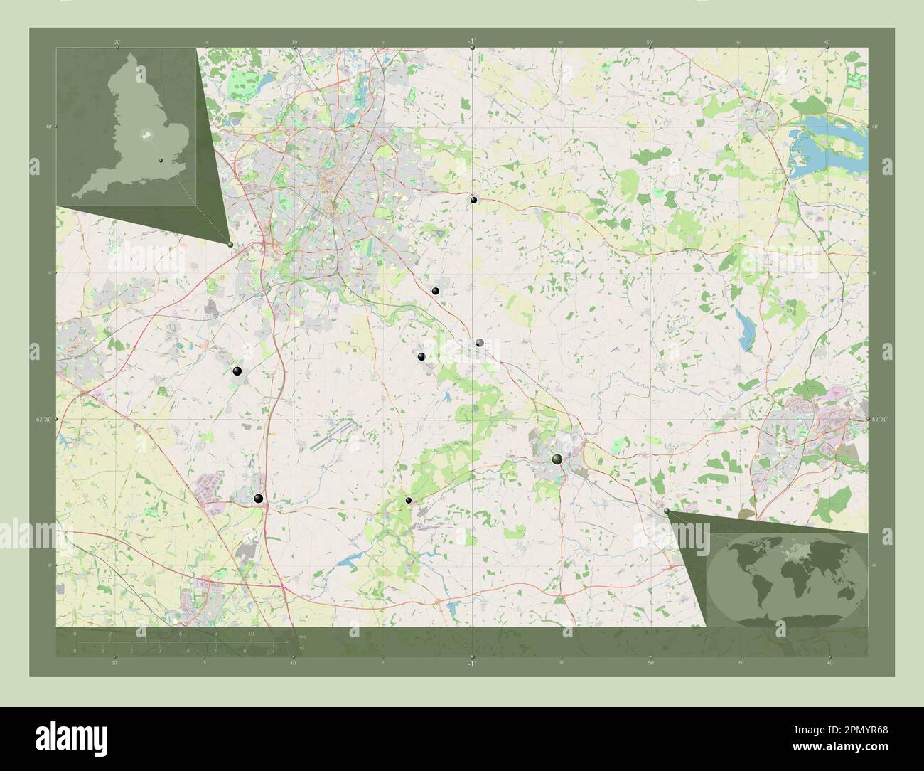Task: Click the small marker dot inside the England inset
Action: coord(161,161)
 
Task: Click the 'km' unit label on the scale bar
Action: coord(301,636)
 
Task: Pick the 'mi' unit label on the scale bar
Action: coord(301,649)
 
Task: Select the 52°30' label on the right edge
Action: coord(879,420)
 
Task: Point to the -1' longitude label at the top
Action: coord(472,41)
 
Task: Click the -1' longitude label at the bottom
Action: coord(472,664)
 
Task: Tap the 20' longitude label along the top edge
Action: coord(117,43)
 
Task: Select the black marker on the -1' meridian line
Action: coord(473,200)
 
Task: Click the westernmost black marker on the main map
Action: coord(237,371)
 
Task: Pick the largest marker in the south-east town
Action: coord(557,460)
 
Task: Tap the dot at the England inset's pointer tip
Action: coord(230,245)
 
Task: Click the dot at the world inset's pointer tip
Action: coord(666,511)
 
